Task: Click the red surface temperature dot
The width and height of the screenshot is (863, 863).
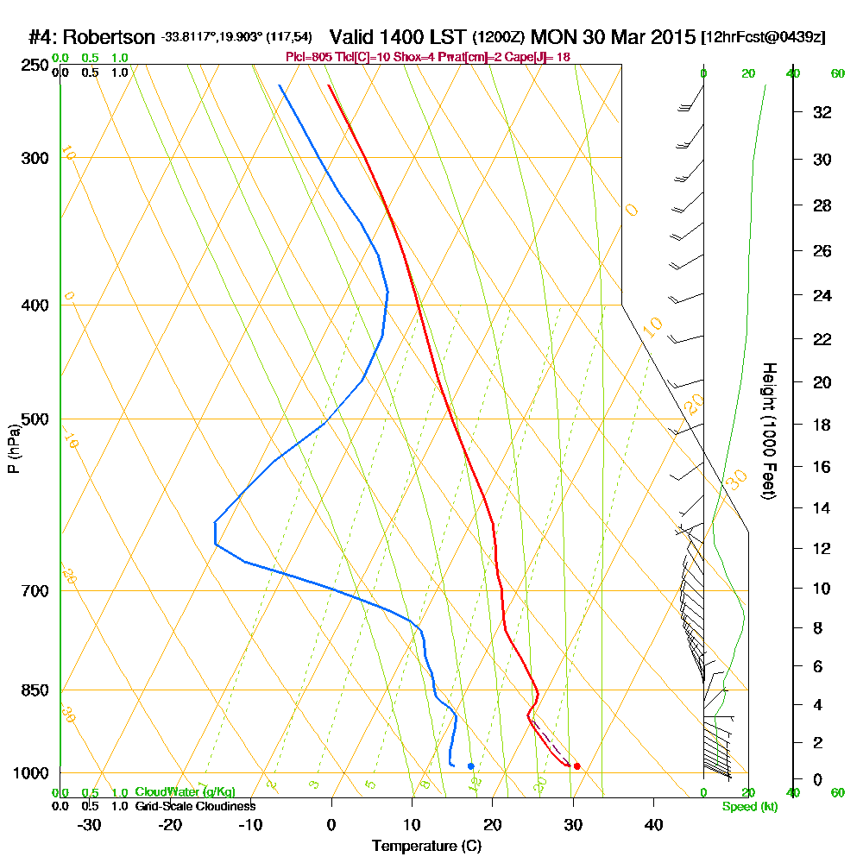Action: tap(576, 766)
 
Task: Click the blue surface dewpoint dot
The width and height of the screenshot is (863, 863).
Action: tap(470, 765)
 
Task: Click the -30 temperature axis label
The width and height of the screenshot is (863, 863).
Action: tap(90, 824)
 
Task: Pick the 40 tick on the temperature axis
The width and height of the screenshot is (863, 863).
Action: tap(653, 824)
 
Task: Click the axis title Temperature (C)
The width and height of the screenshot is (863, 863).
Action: tap(427, 847)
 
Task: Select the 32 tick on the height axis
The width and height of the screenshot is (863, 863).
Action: tap(823, 112)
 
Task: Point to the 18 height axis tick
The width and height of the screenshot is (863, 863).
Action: tap(823, 425)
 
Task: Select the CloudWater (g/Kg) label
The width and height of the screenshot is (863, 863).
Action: tap(185, 792)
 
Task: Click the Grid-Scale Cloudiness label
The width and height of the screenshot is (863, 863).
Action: tap(194, 806)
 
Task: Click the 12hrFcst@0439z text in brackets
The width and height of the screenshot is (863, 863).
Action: tap(764, 38)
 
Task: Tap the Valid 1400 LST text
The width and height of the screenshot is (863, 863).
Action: tap(399, 37)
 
